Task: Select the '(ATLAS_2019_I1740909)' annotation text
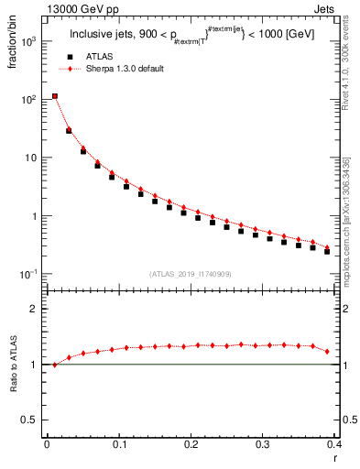coord(189,274)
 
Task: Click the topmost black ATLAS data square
coord(55,96)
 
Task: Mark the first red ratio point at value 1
coord(55,365)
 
